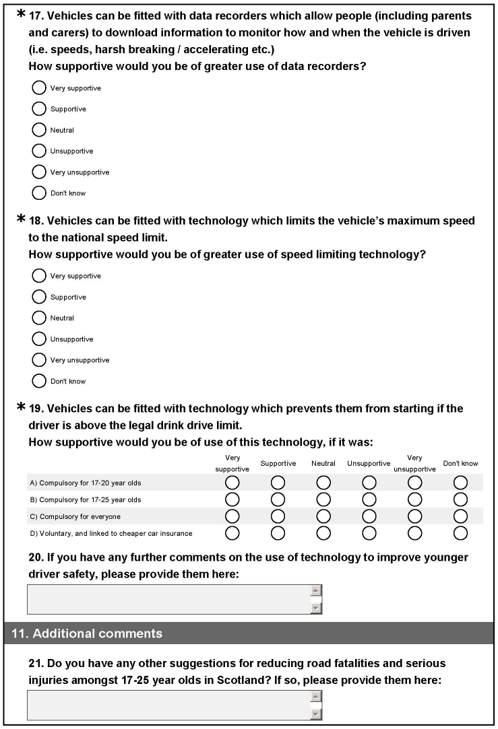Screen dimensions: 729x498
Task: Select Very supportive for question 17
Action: pos(39,88)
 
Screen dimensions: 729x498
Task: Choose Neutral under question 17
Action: pos(39,130)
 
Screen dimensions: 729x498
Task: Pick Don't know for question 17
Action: pos(39,193)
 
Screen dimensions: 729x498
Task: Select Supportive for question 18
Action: pos(39,297)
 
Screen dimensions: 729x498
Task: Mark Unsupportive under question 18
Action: pos(39,339)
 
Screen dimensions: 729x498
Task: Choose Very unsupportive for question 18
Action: pos(39,360)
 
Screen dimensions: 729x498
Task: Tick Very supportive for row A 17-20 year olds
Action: pos(232,483)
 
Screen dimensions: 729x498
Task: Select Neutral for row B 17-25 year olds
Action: pos(323,499)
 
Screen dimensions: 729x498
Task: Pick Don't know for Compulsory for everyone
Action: pos(460,516)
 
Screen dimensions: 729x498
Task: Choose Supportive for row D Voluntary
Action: pos(278,533)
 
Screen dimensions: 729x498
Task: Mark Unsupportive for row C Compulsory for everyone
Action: pos(369,516)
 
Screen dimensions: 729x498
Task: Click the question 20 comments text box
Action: pos(168,599)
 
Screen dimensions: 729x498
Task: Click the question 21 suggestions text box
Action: pos(168,705)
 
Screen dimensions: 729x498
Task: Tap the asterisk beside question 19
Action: pos(21,407)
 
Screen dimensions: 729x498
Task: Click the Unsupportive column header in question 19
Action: pos(369,464)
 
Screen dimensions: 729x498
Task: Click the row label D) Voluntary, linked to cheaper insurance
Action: pos(111,533)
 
